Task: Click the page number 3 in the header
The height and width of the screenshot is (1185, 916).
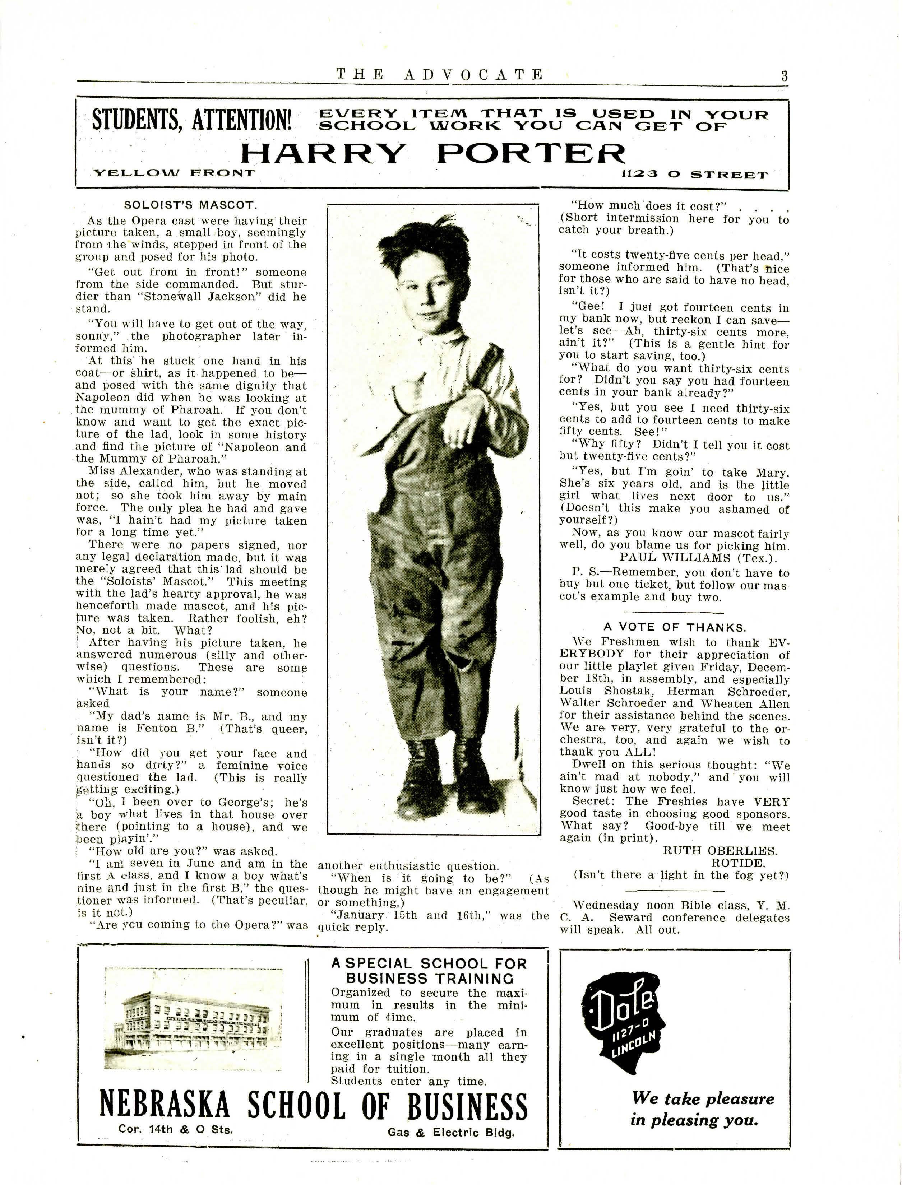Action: coord(783,75)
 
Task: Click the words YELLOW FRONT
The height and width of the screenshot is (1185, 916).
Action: coord(174,173)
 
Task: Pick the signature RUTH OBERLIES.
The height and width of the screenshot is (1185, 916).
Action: coord(720,850)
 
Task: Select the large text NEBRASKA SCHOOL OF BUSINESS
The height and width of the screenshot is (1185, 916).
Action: coord(314,1106)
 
